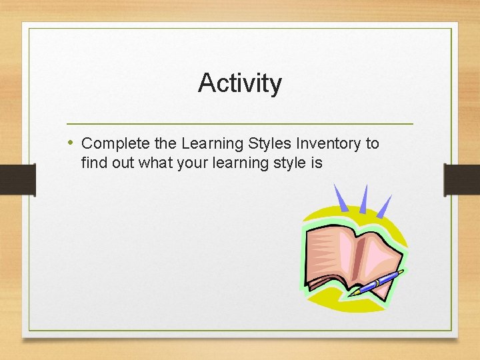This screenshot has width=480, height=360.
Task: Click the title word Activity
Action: point(240,84)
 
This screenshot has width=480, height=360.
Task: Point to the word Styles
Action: point(270,143)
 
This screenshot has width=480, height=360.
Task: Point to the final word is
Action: point(317,161)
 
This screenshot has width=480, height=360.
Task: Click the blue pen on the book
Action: point(377,281)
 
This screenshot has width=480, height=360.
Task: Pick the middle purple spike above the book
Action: point(363,198)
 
